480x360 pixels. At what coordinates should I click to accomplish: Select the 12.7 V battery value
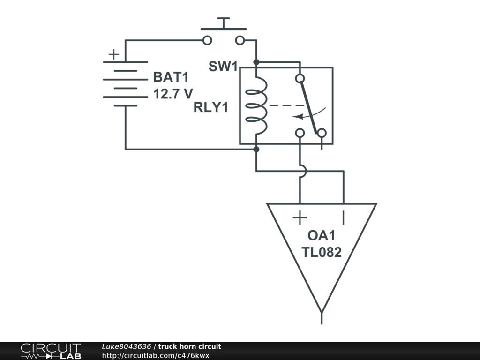coord(173,94)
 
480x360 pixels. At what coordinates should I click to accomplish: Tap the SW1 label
coord(223,67)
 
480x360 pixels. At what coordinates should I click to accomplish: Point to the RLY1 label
coord(210,107)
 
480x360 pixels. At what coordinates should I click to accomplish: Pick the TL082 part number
coord(322,252)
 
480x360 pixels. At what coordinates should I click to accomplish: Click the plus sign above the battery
coord(113,54)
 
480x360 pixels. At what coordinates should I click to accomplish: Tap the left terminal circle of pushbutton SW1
coord(207,40)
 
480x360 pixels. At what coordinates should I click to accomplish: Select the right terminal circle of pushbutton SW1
coord(240,40)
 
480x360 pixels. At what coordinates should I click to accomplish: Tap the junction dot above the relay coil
coord(256,62)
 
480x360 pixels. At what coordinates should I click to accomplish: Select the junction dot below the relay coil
coord(256,149)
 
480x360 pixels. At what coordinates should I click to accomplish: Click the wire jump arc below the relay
coord(302,171)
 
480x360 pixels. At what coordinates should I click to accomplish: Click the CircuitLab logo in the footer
coord(51,351)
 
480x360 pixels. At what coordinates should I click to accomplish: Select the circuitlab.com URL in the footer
coord(155,355)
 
